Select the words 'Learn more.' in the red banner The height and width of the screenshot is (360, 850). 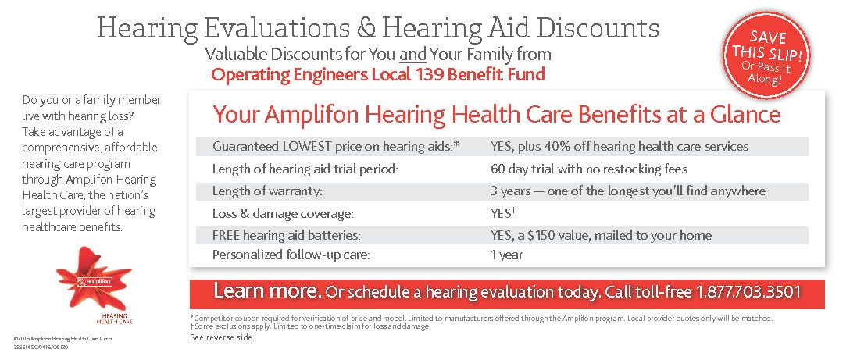(x=267, y=293)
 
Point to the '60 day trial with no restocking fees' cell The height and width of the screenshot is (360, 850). (x=589, y=169)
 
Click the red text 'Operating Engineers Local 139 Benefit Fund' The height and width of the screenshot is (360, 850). (x=378, y=75)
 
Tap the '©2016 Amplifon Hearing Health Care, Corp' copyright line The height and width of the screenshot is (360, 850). (x=62, y=337)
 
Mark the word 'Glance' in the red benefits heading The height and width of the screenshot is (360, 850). (x=741, y=115)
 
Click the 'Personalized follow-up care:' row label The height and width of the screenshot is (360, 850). (x=291, y=255)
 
